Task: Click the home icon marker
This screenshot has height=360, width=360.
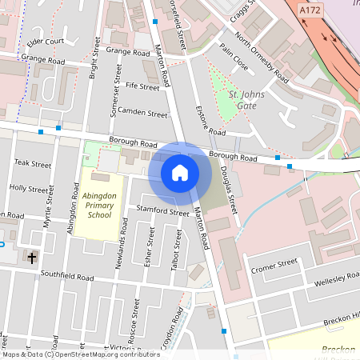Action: click(x=180, y=172)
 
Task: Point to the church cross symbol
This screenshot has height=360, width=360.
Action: click(x=32, y=258)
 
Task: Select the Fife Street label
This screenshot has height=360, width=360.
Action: click(x=142, y=86)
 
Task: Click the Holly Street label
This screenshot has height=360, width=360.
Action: click(x=29, y=189)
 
